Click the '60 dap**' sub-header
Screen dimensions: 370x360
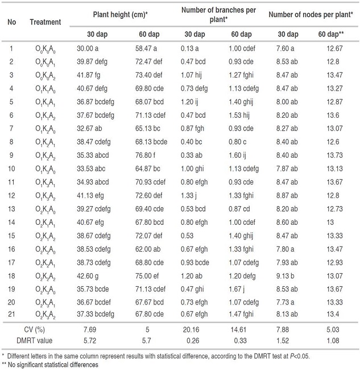331,34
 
